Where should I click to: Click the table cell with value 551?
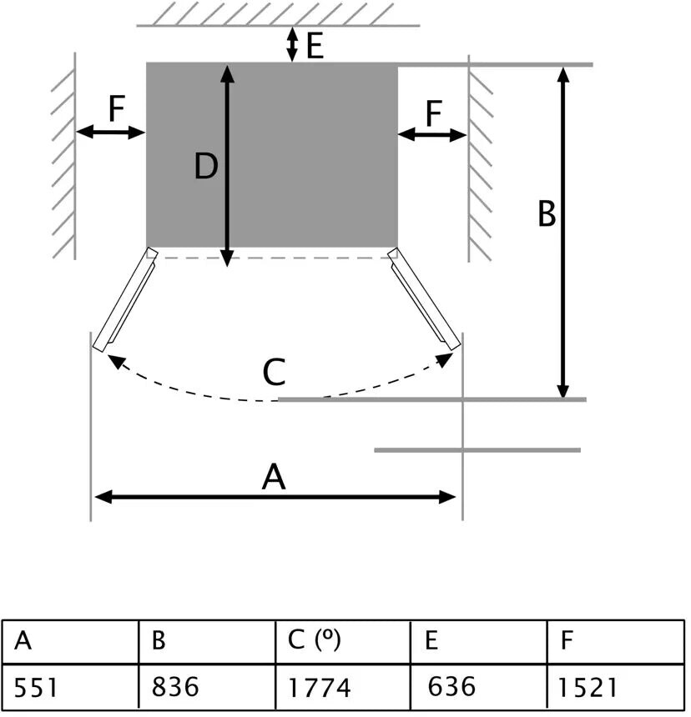[x=69, y=688]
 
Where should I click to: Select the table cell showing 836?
[x=206, y=688]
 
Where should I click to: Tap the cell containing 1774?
[x=342, y=688]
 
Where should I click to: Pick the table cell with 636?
[x=478, y=688]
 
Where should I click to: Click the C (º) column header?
[x=342, y=642]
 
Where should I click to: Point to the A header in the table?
[x=69, y=642]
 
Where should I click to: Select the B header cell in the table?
[x=206, y=642]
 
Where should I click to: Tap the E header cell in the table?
[x=478, y=642]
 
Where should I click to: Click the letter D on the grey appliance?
[x=206, y=168]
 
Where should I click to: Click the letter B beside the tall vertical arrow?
[x=546, y=214]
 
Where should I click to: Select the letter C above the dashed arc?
[x=274, y=372]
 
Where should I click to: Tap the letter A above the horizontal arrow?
[x=274, y=479]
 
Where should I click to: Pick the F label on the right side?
[x=434, y=113]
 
